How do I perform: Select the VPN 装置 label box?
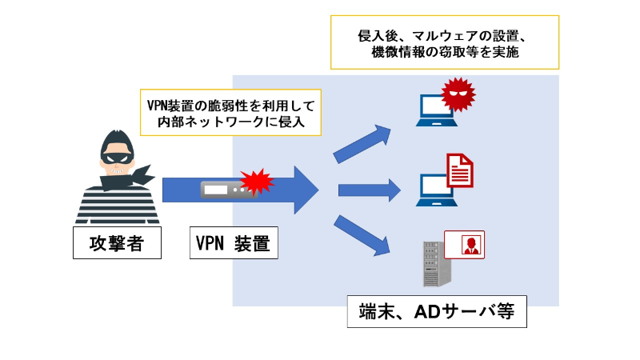pyautogui.click(x=233, y=244)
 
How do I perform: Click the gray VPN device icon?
pyautogui.click(x=223, y=190)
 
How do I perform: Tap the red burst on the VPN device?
pyautogui.click(x=257, y=182)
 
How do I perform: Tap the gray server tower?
pyautogui.click(x=434, y=264)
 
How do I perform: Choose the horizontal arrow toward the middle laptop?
pyautogui.click(x=370, y=190)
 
